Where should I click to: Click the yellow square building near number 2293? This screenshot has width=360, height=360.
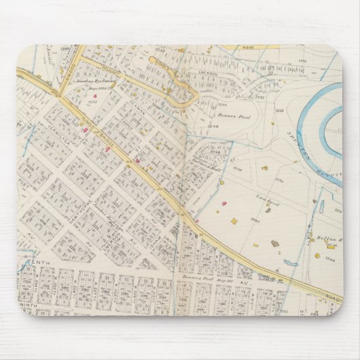[x=233, y=221]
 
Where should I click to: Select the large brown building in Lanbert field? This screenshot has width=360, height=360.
[x=275, y=243]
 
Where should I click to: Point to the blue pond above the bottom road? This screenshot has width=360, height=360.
[x=290, y=263]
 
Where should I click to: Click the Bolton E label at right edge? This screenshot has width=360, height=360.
[x=327, y=238]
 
